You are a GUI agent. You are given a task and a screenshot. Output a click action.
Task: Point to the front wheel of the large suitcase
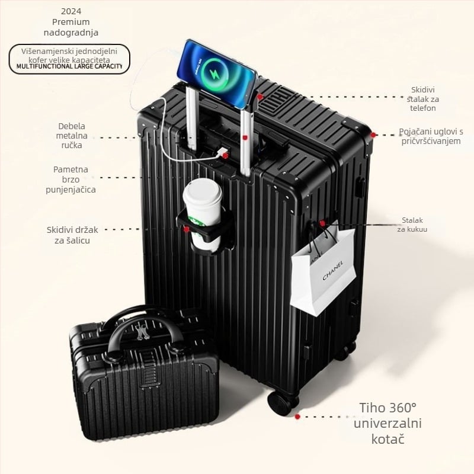coord(283,403)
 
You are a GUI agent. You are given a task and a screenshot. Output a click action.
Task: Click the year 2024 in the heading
coord(71,11)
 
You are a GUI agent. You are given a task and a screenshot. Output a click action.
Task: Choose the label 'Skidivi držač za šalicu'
coord(73,235)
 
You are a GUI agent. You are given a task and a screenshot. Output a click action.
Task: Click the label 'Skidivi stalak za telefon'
coord(423,98)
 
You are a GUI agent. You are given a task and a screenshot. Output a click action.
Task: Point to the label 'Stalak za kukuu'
coord(413,225)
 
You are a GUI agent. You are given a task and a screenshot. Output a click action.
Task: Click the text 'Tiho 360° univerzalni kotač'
coord(387,424)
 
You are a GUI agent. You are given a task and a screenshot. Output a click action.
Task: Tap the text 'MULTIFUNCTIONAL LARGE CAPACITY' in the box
coord(69,66)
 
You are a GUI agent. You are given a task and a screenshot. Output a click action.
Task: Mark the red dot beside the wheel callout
coord(297,417)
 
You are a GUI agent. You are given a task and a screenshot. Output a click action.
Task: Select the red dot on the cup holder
coord(187,229)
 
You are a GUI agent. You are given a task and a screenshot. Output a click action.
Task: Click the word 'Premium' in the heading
coord(71,22)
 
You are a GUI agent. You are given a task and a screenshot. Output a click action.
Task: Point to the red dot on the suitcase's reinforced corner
coord(373,135)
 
